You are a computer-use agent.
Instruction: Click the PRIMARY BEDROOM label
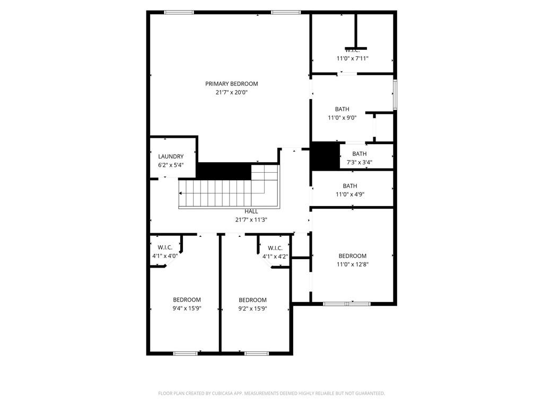pos(232,84)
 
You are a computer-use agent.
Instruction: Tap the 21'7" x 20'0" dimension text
pos(232,92)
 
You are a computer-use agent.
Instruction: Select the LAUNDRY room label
pos(171,156)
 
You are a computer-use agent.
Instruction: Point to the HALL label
pos(251,211)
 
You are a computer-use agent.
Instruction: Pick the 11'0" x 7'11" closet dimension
pos(353,59)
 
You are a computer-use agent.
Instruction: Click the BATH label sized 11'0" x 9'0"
pos(342,109)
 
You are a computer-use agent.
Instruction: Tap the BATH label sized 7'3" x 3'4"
pos(360,154)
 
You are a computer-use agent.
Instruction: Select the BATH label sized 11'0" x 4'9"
pos(350,185)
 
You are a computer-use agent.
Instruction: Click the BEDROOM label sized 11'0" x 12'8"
pos(353,256)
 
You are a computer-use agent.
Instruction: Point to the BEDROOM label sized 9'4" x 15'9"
pos(187,299)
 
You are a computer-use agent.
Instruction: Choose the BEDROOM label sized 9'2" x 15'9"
pos(252,299)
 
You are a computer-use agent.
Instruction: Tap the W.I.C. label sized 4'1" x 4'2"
pos(275,248)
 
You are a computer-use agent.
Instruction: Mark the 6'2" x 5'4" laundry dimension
pos(171,165)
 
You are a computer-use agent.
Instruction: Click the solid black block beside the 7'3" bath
pos(325,156)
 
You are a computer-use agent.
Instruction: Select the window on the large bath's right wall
pos(395,95)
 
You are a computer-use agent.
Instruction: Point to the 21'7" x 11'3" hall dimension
pos(251,219)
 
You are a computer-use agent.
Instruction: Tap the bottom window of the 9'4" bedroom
pos(186,353)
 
